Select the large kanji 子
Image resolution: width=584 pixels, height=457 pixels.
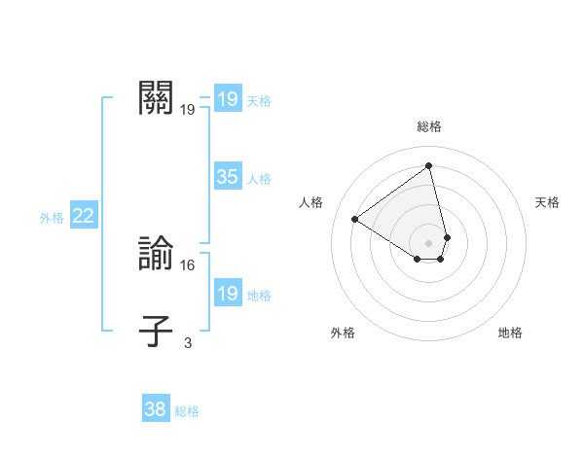pyautogui.click(x=157, y=331)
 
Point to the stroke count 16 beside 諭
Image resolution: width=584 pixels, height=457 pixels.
pyautogui.click(x=188, y=264)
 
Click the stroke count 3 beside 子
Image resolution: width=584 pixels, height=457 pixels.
pyautogui.click(x=188, y=342)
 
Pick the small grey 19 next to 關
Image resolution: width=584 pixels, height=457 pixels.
pyautogui.click(x=188, y=110)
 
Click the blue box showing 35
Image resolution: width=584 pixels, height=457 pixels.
pyautogui.click(x=227, y=177)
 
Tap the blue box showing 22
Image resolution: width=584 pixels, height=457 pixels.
pyautogui.click(x=83, y=217)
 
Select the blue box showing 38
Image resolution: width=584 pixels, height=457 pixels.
pyautogui.click(x=156, y=409)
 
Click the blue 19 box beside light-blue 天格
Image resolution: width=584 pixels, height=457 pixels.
pyautogui.click(x=227, y=99)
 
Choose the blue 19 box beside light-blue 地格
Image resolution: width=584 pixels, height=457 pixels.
pyautogui.click(x=227, y=294)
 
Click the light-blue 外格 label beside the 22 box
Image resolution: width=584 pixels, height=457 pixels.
pyautogui.click(x=52, y=218)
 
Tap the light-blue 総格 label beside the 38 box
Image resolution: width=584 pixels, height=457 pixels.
pyautogui.click(x=187, y=411)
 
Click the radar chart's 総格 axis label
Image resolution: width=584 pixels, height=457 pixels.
pyautogui.click(x=429, y=126)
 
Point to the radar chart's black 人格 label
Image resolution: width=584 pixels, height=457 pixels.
pyautogui.click(x=311, y=202)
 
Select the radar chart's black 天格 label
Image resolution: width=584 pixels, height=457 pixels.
pyautogui.click(x=547, y=202)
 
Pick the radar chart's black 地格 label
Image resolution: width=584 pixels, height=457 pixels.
pyautogui.click(x=510, y=333)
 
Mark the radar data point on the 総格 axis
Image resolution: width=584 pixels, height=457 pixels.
pyautogui.click(x=429, y=165)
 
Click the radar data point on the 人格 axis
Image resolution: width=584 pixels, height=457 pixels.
pyautogui.click(x=355, y=219)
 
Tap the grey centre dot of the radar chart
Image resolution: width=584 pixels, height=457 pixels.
pyautogui.click(x=429, y=242)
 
